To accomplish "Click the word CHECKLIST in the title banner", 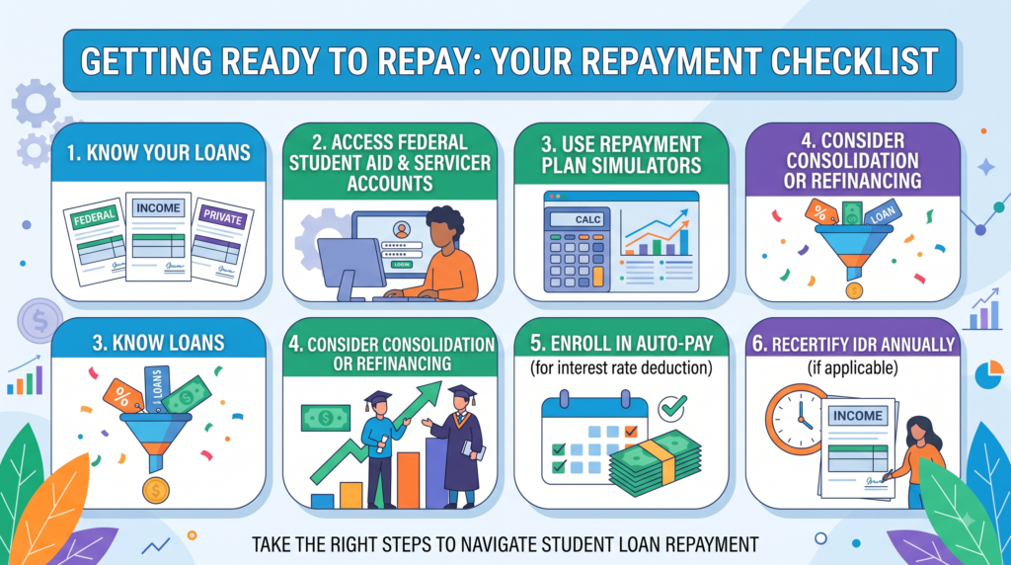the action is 854,61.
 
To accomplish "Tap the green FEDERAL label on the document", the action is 95,217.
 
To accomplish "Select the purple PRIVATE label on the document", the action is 222,216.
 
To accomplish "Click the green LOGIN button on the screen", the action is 402,265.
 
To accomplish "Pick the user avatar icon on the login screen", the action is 402,229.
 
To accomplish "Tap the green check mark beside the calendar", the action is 672,407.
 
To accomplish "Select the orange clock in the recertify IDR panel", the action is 797,419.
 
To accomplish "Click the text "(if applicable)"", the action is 852,368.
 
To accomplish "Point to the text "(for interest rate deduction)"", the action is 622,368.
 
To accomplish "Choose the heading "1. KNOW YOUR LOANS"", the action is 159,153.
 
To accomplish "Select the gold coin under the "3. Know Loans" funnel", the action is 155,490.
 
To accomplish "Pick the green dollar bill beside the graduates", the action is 326,418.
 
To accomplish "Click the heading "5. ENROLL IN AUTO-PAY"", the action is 622,343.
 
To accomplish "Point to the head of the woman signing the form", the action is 919,431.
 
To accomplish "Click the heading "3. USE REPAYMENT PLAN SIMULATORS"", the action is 621,155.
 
